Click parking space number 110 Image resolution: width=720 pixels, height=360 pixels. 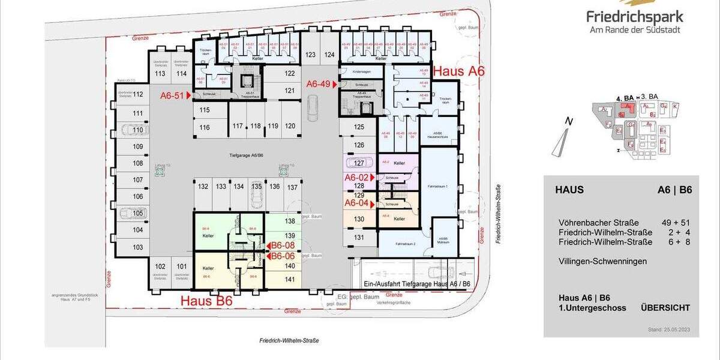[x=138, y=130]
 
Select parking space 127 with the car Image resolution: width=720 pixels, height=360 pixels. [x=359, y=163]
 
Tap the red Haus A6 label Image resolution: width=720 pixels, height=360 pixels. [x=459, y=71]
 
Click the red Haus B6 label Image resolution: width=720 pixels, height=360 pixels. [x=206, y=301]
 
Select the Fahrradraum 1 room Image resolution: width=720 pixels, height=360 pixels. [x=438, y=187]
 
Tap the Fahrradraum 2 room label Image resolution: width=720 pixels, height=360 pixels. [x=406, y=244]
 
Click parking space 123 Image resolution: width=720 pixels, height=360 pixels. [x=310, y=55]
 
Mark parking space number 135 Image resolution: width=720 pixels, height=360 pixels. [x=257, y=187]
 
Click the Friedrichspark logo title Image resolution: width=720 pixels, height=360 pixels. [x=635, y=17]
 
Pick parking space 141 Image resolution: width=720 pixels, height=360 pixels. [x=290, y=279]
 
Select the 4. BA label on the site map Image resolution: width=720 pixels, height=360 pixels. [x=624, y=97]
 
